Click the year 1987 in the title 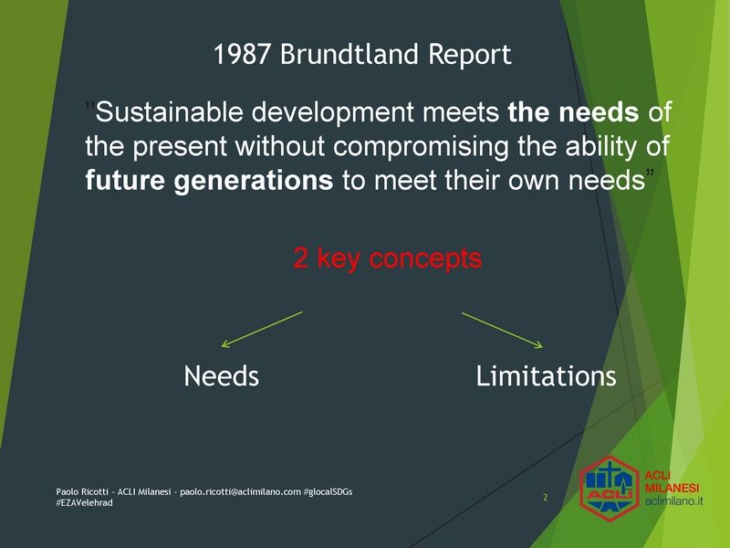tap(242, 54)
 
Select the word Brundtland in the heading tap(349, 54)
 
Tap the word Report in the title tap(470, 56)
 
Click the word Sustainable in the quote tap(170, 111)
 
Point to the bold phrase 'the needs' tap(574, 111)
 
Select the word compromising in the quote tap(421, 147)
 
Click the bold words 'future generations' tap(210, 181)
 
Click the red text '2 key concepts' tap(388, 258)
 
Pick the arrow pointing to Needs tap(262, 330)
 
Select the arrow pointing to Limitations tap(503, 331)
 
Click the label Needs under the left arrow tap(221, 376)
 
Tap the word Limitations tap(546, 376)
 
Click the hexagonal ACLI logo tap(610, 489)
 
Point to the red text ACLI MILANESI tap(672, 482)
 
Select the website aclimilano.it tap(673, 501)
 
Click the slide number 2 tap(545, 498)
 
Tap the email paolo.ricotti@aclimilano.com tap(241, 492)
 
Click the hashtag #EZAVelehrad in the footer tap(84, 503)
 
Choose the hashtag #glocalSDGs tap(328, 492)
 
